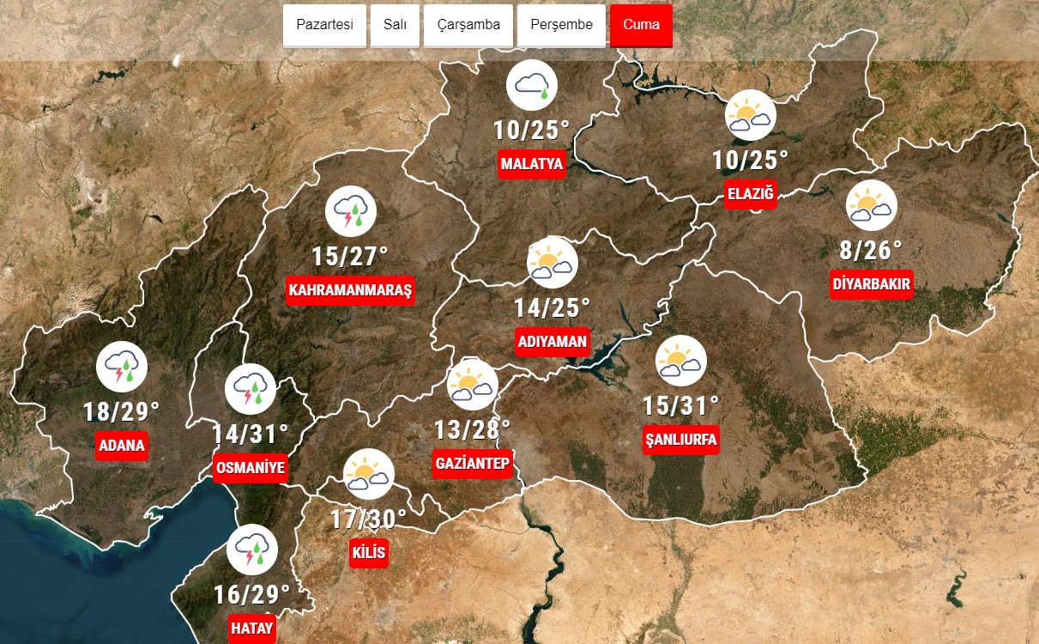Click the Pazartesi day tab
pos(324,25)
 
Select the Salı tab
pos(395,25)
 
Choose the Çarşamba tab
pos(468,25)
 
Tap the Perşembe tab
pos(561,25)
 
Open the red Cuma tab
pos(641,25)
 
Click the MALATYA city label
pos(532,164)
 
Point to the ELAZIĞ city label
pos(751,194)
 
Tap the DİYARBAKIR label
pos(872,284)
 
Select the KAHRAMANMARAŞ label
pos(351,290)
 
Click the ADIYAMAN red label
pos(553,342)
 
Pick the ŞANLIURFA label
pos(681,440)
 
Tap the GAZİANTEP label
pos(473,464)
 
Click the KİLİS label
pos(369,552)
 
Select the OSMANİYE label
pos(250,468)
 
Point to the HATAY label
pos(252,629)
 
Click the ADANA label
pos(122,446)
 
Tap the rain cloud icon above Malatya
pos(532,85)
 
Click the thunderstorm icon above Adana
pos(122,367)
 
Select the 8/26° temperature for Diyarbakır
pos(872,251)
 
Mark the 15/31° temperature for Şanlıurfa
pos(681,405)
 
